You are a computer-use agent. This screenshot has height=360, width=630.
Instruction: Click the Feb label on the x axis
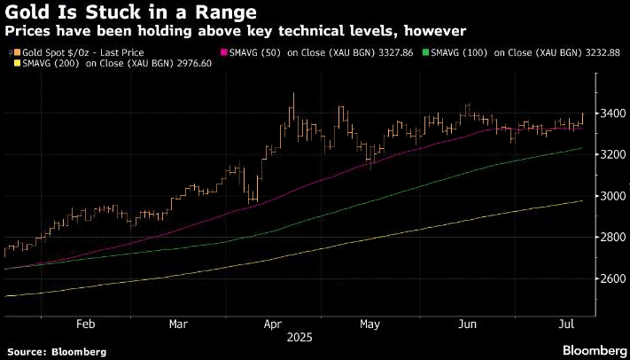click(85, 324)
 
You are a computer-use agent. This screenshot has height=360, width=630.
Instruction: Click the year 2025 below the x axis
click(300, 337)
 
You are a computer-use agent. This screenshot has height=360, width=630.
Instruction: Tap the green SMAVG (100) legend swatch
click(426, 52)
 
